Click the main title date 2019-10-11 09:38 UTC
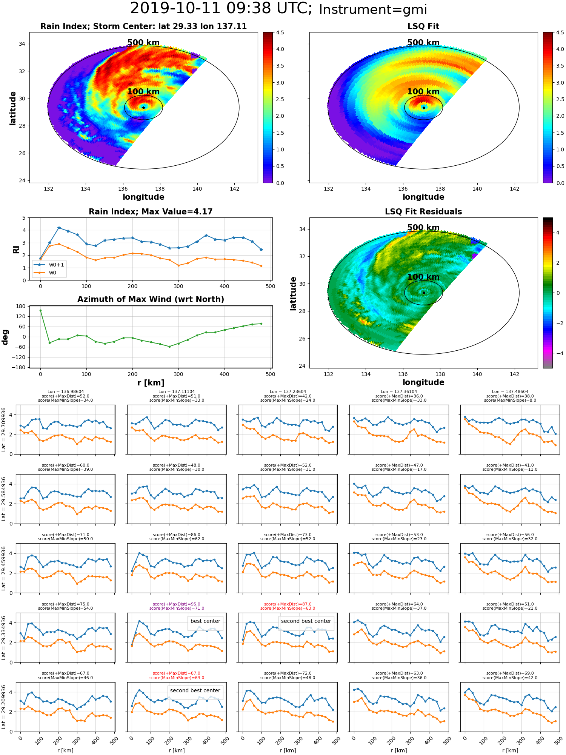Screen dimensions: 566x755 click(221, 9)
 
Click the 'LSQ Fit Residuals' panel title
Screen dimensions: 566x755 click(423, 212)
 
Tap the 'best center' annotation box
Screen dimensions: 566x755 click(205, 621)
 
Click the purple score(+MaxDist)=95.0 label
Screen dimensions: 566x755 click(177, 604)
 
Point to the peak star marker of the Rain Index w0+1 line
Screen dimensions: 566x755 click(59, 228)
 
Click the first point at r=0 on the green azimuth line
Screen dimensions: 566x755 click(40, 311)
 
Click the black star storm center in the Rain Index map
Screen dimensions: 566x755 click(143, 108)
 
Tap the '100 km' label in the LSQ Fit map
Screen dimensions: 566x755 click(423, 92)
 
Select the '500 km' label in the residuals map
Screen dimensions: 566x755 click(423, 228)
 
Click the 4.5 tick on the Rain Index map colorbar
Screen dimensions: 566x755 click(280, 32)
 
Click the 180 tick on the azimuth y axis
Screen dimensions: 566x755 click(22, 306)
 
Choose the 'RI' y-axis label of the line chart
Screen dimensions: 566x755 click(16, 250)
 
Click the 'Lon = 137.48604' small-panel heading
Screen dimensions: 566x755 click(510, 392)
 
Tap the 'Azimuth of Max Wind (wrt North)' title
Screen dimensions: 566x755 click(151, 299)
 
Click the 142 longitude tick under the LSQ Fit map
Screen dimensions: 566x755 click(514, 189)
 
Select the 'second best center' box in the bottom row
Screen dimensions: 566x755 click(195, 690)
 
